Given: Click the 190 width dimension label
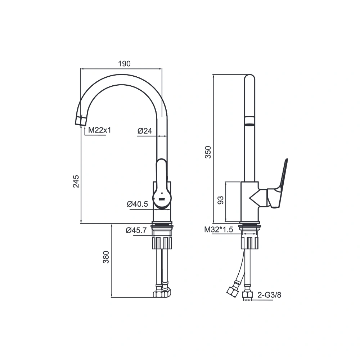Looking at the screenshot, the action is point(125,64).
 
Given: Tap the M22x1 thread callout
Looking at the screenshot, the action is point(100,130).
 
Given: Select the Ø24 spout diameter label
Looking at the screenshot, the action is point(145,131).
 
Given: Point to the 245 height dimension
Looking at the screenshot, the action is point(76,181).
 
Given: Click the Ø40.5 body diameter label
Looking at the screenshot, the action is point(138,204).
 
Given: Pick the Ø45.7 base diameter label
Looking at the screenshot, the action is point(136,230).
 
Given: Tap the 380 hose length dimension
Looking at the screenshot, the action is point(106,257).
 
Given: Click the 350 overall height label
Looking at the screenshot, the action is point(208,152).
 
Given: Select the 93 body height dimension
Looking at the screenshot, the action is point(220,200).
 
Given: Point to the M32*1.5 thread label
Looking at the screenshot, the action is point(219,229).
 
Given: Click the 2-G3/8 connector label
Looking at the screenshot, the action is point(269,295).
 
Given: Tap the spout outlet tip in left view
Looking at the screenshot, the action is point(81,121).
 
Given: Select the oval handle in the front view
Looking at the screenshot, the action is point(162,184).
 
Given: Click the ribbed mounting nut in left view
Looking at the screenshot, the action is point(162,243).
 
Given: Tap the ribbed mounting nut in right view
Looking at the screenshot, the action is point(249,243).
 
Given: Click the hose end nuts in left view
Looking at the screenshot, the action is point(162,293).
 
